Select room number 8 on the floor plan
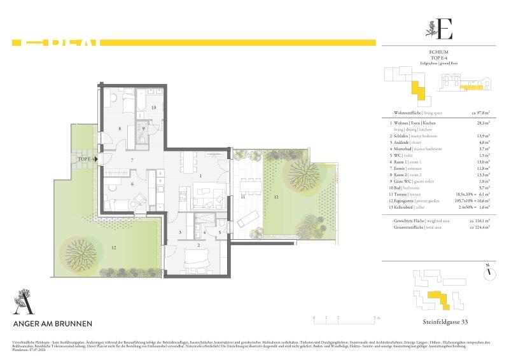point(119,128)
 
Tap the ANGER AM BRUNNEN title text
point(53,323)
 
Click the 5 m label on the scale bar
point(377,317)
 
